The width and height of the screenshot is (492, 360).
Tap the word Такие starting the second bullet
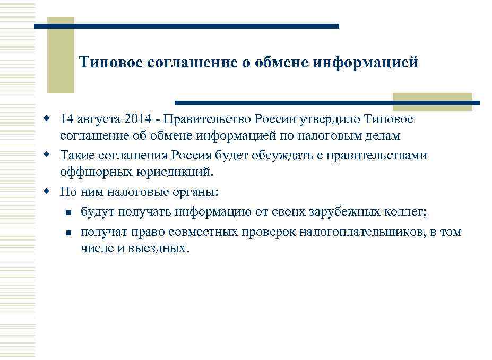[x=76, y=156]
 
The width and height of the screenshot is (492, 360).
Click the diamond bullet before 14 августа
[x=47, y=117]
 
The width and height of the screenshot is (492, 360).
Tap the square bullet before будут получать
[x=68, y=213]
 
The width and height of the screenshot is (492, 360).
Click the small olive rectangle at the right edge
[x=432, y=102]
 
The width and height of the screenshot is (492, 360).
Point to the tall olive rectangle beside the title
[x=61, y=55]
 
